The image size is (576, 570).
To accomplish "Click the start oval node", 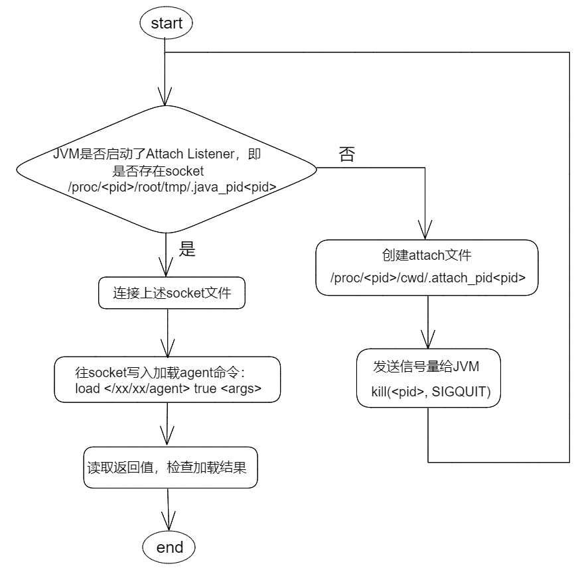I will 167,24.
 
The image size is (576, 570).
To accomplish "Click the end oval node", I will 169,547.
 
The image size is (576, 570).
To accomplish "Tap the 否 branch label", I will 346,155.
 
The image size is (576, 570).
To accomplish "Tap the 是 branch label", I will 188,249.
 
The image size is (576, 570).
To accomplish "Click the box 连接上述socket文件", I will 171,292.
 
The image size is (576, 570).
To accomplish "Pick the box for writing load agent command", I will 168,380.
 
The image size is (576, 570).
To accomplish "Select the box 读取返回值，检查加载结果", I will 169,468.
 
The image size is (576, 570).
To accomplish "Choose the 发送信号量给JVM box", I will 427,378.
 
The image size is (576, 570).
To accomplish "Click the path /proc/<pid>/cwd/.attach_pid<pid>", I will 428,279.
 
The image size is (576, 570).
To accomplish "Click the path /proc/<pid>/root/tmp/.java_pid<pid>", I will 172,188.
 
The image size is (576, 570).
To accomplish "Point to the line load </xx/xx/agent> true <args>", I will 169,388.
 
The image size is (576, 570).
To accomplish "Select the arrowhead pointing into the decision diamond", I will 165,96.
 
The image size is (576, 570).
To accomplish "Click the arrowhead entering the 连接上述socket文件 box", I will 165,267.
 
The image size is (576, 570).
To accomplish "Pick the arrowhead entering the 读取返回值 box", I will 168,437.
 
